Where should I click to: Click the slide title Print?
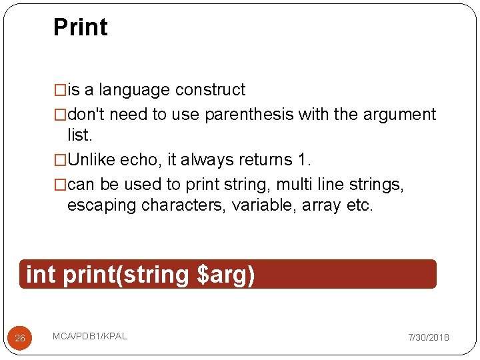(80, 27)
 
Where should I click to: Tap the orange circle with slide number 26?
(20, 338)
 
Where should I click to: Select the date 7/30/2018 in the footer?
(429, 338)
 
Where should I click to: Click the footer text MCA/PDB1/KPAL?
(90, 336)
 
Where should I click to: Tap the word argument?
(399, 115)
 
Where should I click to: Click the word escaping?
(102, 205)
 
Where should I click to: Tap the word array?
(321, 205)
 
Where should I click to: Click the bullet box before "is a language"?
(60, 90)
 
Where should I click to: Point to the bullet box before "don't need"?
(60, 115)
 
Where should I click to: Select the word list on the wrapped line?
(79, 135)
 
